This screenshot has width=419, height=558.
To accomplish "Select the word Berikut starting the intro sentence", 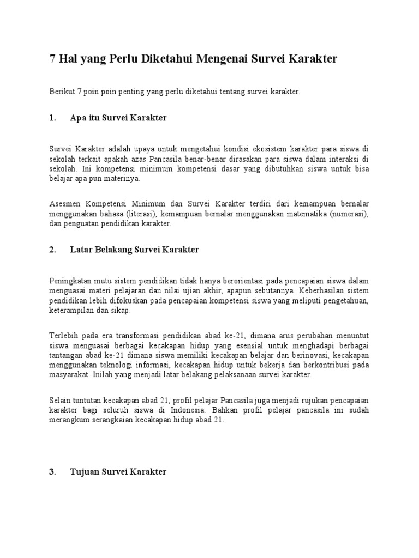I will pos(61,92).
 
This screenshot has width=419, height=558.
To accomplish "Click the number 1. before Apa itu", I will pos(53,118).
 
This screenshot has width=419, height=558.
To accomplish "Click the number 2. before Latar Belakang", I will pos(53,250).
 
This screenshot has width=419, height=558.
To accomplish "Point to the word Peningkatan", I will pos(68,281).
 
